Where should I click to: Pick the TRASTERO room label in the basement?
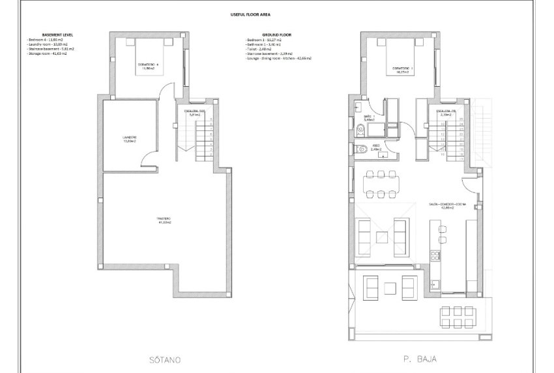[164, 220]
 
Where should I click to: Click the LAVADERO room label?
[130, 138]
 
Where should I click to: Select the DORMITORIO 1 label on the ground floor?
[401, 69]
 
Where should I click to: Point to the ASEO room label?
[376, 147]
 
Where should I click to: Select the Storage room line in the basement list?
[47, 53]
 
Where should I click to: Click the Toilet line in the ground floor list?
[260, 49]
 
